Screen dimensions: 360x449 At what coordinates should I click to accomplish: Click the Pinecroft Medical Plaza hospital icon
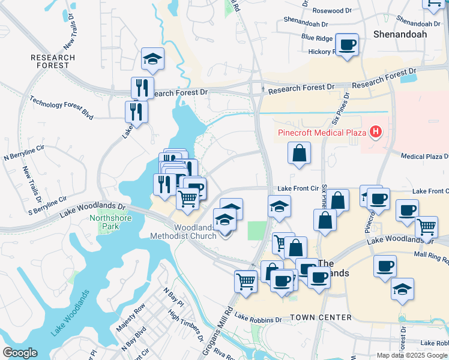click(376, 131)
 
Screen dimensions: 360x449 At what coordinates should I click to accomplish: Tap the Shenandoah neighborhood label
click(400, 34)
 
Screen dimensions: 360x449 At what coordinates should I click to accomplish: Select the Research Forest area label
click(53, 61)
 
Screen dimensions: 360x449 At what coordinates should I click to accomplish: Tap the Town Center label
click(321, 317)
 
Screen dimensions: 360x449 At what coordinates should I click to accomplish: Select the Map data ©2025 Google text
click(411, 355)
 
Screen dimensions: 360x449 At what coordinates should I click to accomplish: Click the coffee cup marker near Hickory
click(347, 44)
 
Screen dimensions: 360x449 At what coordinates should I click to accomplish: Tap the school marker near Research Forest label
click(152, 59)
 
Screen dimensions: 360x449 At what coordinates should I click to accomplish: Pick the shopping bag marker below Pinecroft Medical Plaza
click(299, 153)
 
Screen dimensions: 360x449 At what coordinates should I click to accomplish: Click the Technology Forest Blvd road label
click(61, 109)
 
